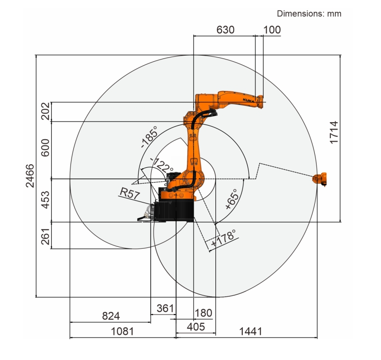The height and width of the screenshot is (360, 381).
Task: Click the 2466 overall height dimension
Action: (x=30, y=175)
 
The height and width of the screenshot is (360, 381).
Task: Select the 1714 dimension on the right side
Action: (x=334, y=132)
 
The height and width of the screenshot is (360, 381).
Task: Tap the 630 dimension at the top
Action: (x=225, y=29)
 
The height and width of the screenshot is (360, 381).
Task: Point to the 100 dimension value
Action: (x=272, y=29)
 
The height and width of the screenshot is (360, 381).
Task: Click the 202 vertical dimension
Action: (x=45, y=111)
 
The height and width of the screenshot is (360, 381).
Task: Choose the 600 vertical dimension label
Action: (x=45, y=147)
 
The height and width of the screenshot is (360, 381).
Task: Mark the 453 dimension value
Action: (x=45, y=200)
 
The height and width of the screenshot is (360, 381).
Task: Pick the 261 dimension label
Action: (x=45, y=236)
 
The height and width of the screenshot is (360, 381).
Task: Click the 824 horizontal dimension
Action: (x=111, y=316)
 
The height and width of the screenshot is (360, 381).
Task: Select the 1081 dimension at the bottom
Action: (x=122, y=331)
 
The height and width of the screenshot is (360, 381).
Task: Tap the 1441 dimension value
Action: (x=251, y=331)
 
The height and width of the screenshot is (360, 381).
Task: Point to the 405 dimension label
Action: (x=196, y=327)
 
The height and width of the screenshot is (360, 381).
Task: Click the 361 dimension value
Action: (x=165, y=308)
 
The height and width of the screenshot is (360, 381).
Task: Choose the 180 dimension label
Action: (x=203, y=313)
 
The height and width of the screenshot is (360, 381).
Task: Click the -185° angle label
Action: (x=149, y=137)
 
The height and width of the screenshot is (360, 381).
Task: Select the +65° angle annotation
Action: (x=231, y=199)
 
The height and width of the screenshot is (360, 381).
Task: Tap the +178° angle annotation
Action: (x=223, y=238)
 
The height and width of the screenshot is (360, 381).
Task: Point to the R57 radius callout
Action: (x=130, y=193)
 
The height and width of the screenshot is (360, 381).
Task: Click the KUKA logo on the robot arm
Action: (x=249, y=101)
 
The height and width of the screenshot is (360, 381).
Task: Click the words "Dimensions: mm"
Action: (x=309, y=14)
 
